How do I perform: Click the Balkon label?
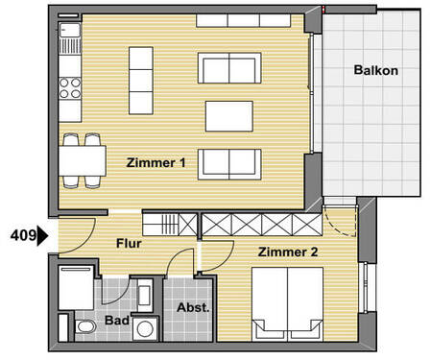375,70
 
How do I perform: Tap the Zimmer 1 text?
156,163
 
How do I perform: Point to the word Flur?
129,244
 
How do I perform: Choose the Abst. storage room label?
192,308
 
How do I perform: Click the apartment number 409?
20,233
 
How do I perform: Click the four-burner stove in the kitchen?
71,88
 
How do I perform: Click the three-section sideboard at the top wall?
250,20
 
